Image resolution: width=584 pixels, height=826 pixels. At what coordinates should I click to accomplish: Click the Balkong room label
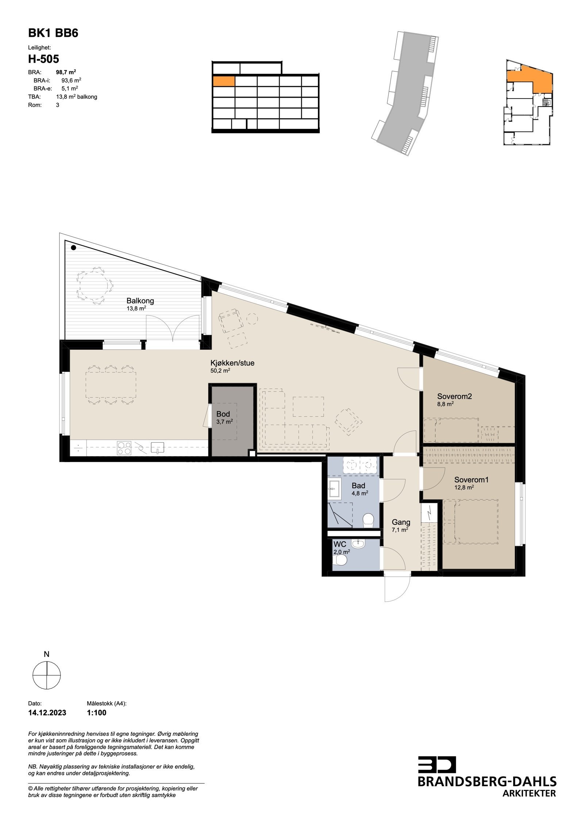[x=140, y=301]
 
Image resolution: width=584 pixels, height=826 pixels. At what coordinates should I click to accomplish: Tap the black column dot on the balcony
[x=73, y=248]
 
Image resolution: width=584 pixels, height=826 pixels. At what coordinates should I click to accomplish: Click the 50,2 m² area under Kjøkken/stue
[x=220, y=370]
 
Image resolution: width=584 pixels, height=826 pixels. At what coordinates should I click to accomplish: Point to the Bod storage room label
[x=223, y=414]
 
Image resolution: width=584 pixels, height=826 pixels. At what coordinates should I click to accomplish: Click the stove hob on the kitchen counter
[x=124, y=447]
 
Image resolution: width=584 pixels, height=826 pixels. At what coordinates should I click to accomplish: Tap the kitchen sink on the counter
[x=157, y=447]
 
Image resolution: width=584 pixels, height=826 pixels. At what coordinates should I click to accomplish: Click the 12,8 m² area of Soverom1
[x=464, y=487]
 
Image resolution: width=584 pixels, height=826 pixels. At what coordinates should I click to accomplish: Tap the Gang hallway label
[x=401, y=522]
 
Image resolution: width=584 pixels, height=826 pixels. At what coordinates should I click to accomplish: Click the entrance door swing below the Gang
[x=398, y=588]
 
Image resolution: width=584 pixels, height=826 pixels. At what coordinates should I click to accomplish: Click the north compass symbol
[x=47, y=676]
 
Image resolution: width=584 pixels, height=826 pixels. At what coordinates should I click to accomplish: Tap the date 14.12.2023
[x=47, y=712]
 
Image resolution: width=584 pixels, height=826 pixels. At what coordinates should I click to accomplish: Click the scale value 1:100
[x=97, y=712]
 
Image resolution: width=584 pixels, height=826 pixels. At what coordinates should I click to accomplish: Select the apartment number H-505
[x=43, y=59]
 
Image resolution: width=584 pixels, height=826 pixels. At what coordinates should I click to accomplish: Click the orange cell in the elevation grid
[x=223, y=81]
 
